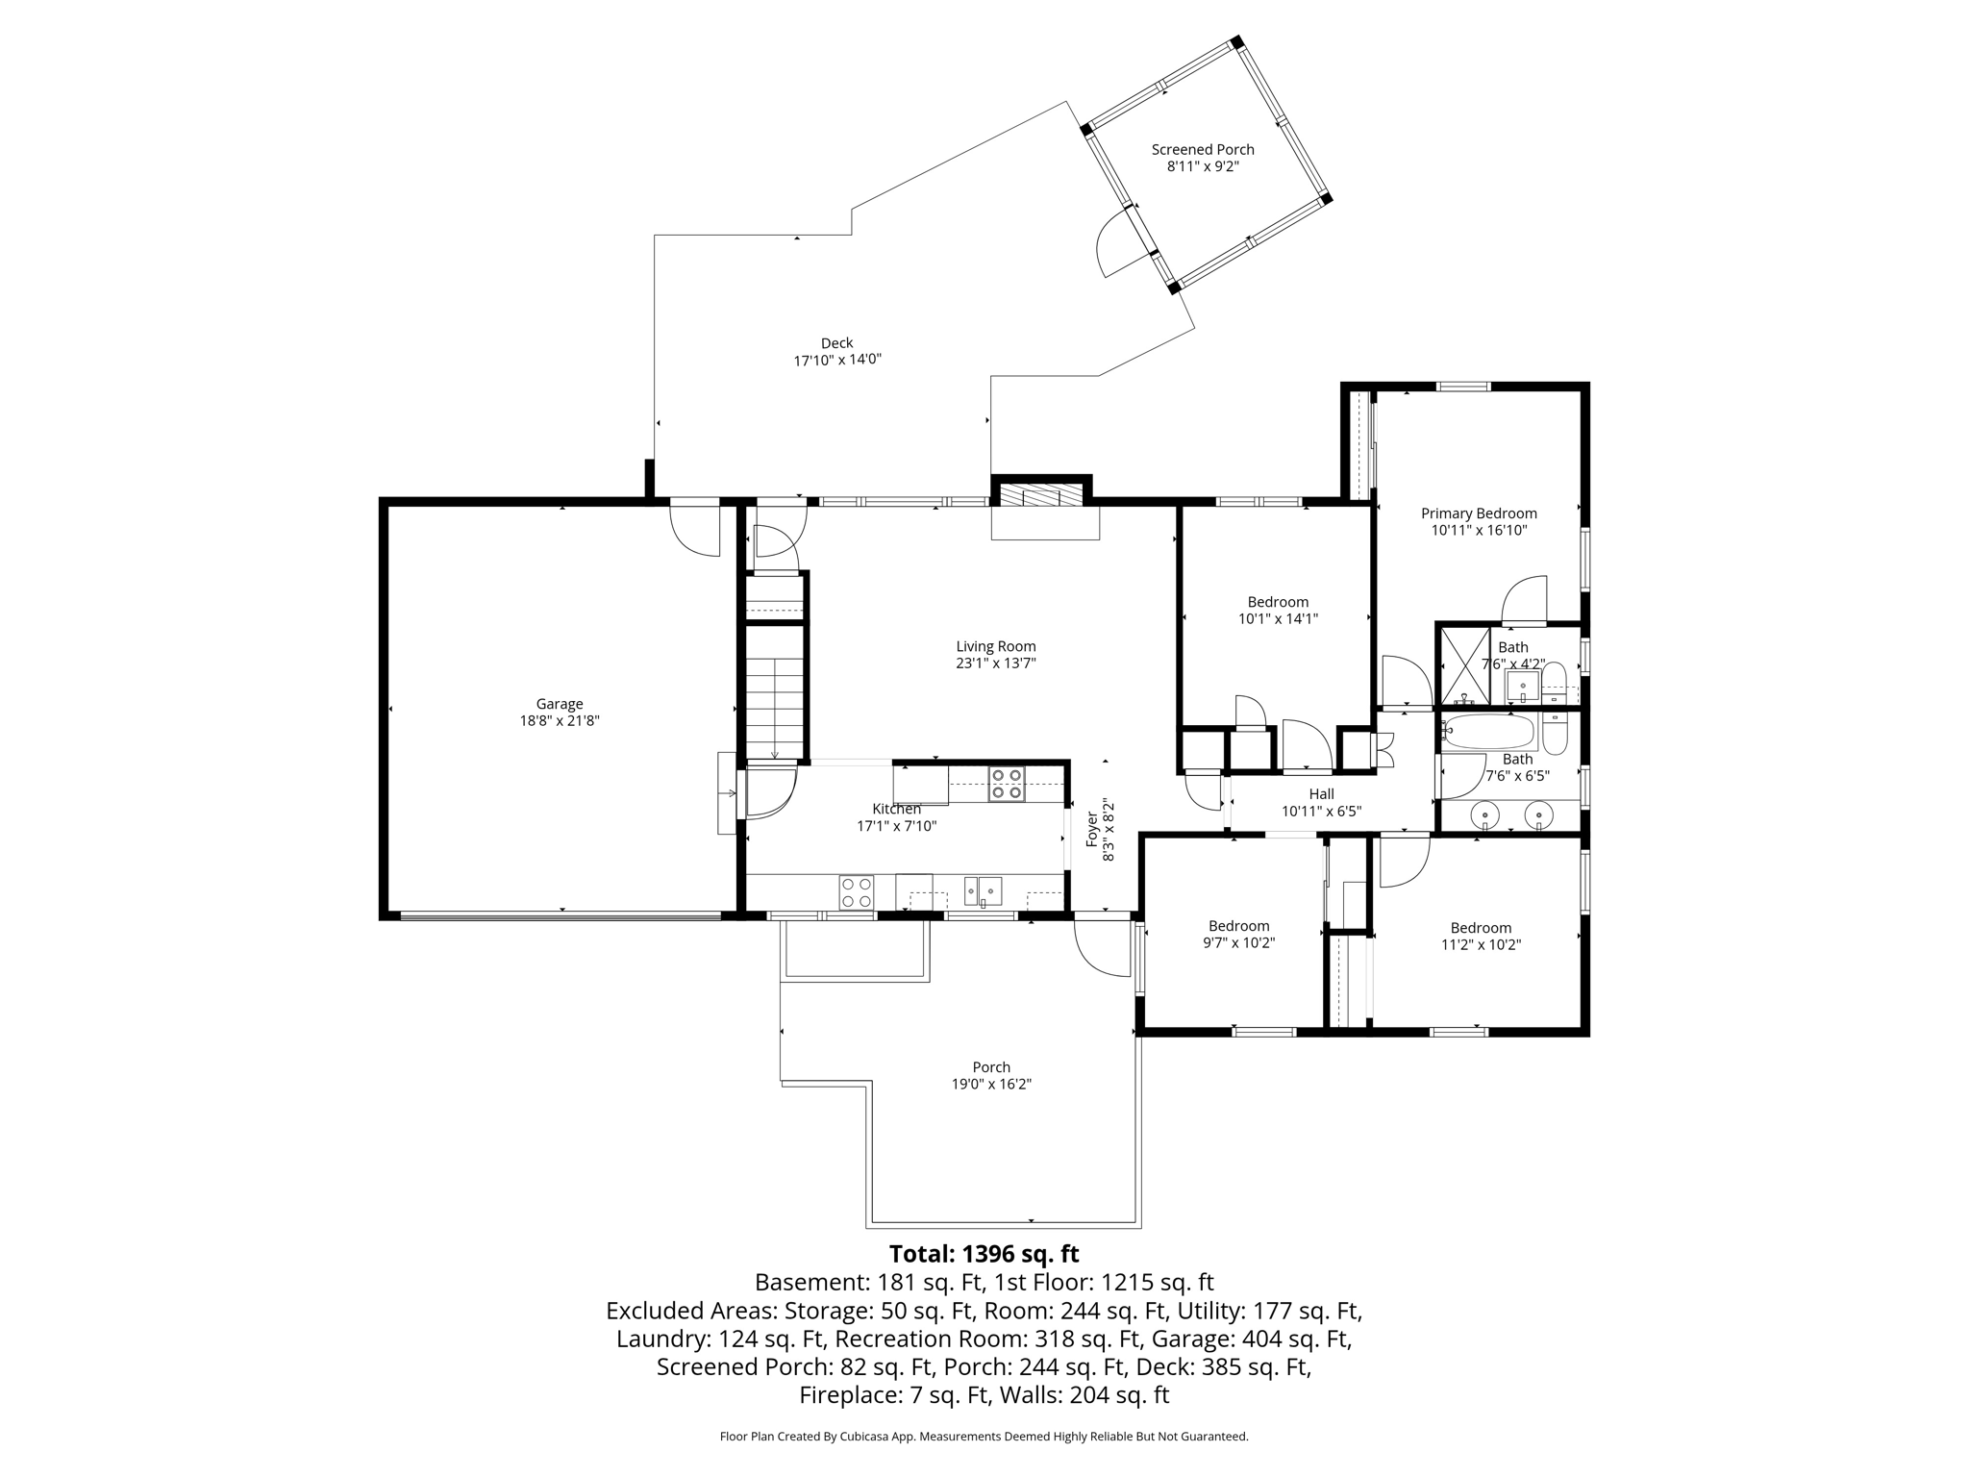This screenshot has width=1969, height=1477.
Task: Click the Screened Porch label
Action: [1203, 150]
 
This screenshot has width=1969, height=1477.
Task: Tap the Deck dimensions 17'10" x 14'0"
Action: [836, 361]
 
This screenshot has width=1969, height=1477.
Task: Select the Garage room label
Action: [560, 704]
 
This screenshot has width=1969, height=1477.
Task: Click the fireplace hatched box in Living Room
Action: [1041, 495]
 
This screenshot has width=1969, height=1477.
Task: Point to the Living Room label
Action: [996, 647]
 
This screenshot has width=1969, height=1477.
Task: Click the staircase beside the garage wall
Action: [774, 692]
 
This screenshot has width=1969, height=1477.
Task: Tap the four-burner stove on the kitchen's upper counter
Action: [1007, 784]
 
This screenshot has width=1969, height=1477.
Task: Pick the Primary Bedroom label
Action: [1479, 513]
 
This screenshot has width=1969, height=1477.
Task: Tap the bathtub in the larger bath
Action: [1487, 733]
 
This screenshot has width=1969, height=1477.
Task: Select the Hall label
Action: [1321, 794]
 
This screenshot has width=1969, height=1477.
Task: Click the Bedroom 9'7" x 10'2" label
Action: [1238, 926]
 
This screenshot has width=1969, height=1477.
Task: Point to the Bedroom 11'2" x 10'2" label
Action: [1481, 928]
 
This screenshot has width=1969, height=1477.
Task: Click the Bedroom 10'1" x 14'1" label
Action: [1278, 603]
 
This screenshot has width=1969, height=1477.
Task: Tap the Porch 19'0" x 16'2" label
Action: [991, 1067]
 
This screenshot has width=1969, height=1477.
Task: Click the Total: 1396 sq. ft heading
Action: [984, 1254]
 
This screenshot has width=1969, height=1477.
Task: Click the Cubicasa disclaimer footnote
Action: [984, 1437]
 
